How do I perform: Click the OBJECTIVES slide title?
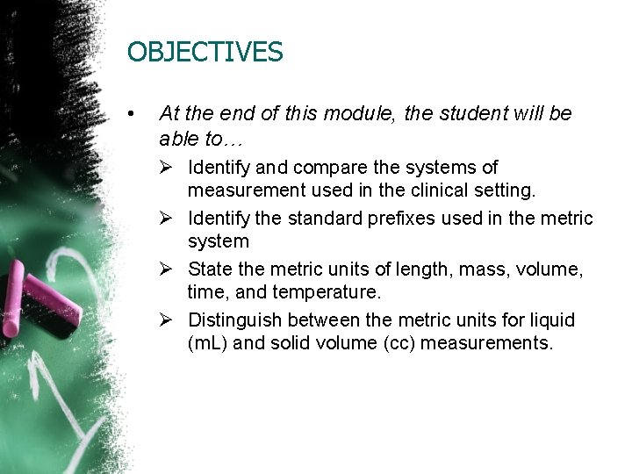[x=205, y=53]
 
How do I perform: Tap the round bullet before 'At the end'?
[x=131, y=114]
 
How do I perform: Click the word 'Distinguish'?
[x=233, y=320]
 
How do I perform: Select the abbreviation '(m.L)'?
[x=208, y=342]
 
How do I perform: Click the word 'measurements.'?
[x=487, y=342]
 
